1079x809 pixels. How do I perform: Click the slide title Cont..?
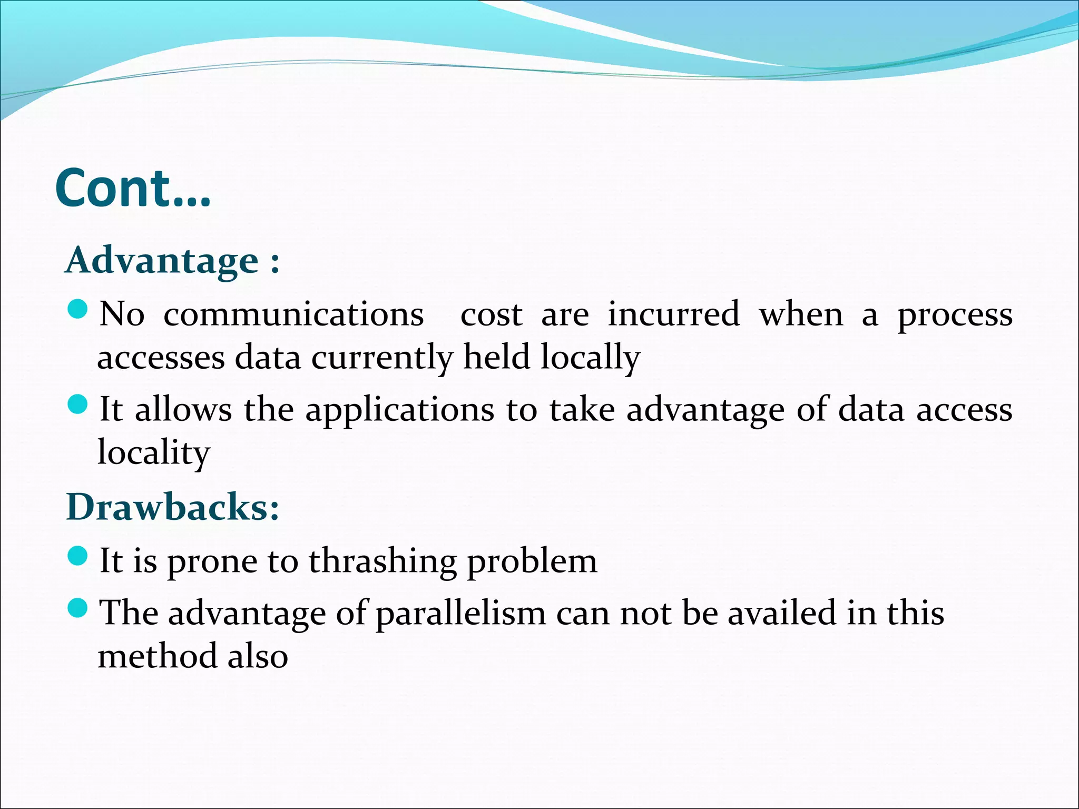click(x=133, y=189)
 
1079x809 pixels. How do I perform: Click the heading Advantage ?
click(x=172, y=261)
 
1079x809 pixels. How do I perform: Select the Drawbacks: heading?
click(x=173, y=507)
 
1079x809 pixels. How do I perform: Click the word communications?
click(x=293, y=315)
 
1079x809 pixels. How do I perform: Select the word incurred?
click(x=674, y=315)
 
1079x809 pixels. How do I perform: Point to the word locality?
click(x=154, y=453)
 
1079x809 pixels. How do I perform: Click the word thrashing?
click(x=382, y=561)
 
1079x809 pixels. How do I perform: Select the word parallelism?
click(x=460, y=614)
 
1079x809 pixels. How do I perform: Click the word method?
click(x=156, y=656)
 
